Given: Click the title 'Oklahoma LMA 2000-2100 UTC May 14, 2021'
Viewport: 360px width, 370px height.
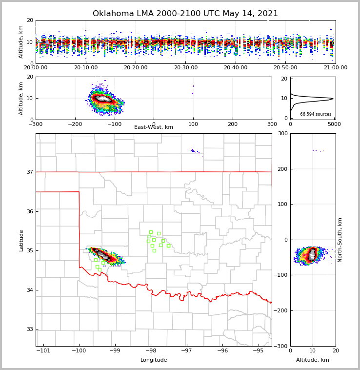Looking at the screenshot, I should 185,14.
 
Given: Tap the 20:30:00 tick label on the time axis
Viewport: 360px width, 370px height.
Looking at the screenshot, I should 185,68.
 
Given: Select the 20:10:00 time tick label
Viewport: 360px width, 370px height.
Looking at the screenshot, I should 86,68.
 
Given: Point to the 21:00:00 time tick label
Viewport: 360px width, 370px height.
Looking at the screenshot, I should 335,68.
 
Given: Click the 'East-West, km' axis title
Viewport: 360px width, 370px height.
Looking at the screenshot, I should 154,127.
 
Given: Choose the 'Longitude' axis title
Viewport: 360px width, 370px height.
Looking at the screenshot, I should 154,360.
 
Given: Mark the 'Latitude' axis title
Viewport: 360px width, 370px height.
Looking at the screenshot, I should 21,240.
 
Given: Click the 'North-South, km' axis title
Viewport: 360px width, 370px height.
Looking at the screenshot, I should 340,240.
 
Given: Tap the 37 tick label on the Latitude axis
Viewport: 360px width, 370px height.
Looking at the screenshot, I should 30,172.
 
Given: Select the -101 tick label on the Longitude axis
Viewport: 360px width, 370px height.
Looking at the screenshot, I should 43,350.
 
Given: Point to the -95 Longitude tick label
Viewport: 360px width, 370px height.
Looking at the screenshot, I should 258,350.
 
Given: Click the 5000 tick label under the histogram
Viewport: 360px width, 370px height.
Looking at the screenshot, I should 334,124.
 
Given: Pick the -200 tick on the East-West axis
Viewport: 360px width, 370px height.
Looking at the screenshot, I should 75,124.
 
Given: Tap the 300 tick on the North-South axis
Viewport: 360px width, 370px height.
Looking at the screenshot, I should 282,134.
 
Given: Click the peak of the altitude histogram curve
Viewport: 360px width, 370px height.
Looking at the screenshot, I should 333,99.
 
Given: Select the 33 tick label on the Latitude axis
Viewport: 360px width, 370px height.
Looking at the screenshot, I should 30,329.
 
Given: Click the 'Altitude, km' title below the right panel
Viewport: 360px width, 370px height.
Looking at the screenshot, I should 313,360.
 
